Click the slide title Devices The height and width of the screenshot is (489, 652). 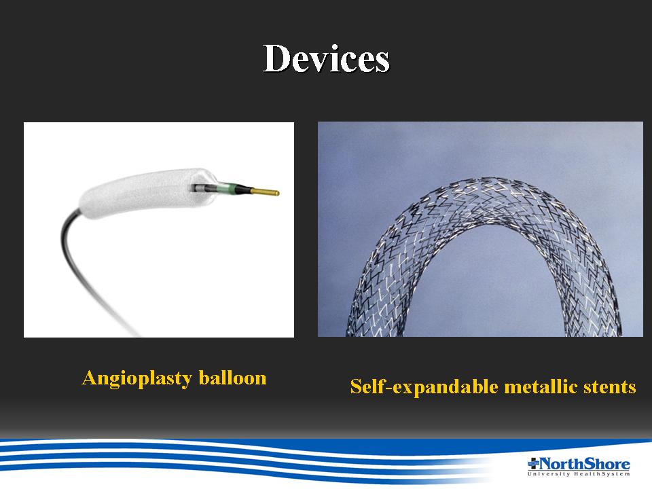[327, 58]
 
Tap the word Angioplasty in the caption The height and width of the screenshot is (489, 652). [137, 378]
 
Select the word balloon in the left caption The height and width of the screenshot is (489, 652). [232, 378]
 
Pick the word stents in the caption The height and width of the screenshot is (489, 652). [610, 387]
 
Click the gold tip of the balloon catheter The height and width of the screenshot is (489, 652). [265, 192]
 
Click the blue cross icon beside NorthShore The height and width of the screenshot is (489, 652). [533, 463]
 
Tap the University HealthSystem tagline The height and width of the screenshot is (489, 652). [579, 474]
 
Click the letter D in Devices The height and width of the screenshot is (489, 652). [278, 58]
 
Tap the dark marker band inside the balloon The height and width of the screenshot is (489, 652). [200, 188]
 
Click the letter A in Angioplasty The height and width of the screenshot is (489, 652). [90, 378]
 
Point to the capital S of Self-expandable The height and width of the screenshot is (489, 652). [356, 386]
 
